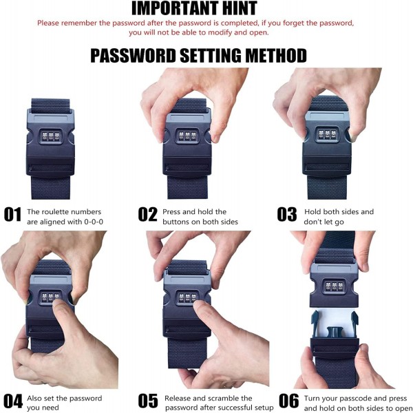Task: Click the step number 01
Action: (12, 214)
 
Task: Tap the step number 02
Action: (147, 214)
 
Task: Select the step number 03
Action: (287, 214)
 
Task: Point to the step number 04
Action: (13, 401)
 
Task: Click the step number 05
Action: (148, 401)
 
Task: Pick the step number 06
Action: (288, 401)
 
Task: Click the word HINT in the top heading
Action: (240, 8)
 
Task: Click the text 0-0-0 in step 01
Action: (94, 222)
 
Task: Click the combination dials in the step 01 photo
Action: (50, 136)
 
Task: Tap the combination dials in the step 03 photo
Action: (328, 134)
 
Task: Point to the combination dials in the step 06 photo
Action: (335, 286)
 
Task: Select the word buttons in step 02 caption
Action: (176, 222)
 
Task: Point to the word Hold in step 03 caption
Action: (313, 212)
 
